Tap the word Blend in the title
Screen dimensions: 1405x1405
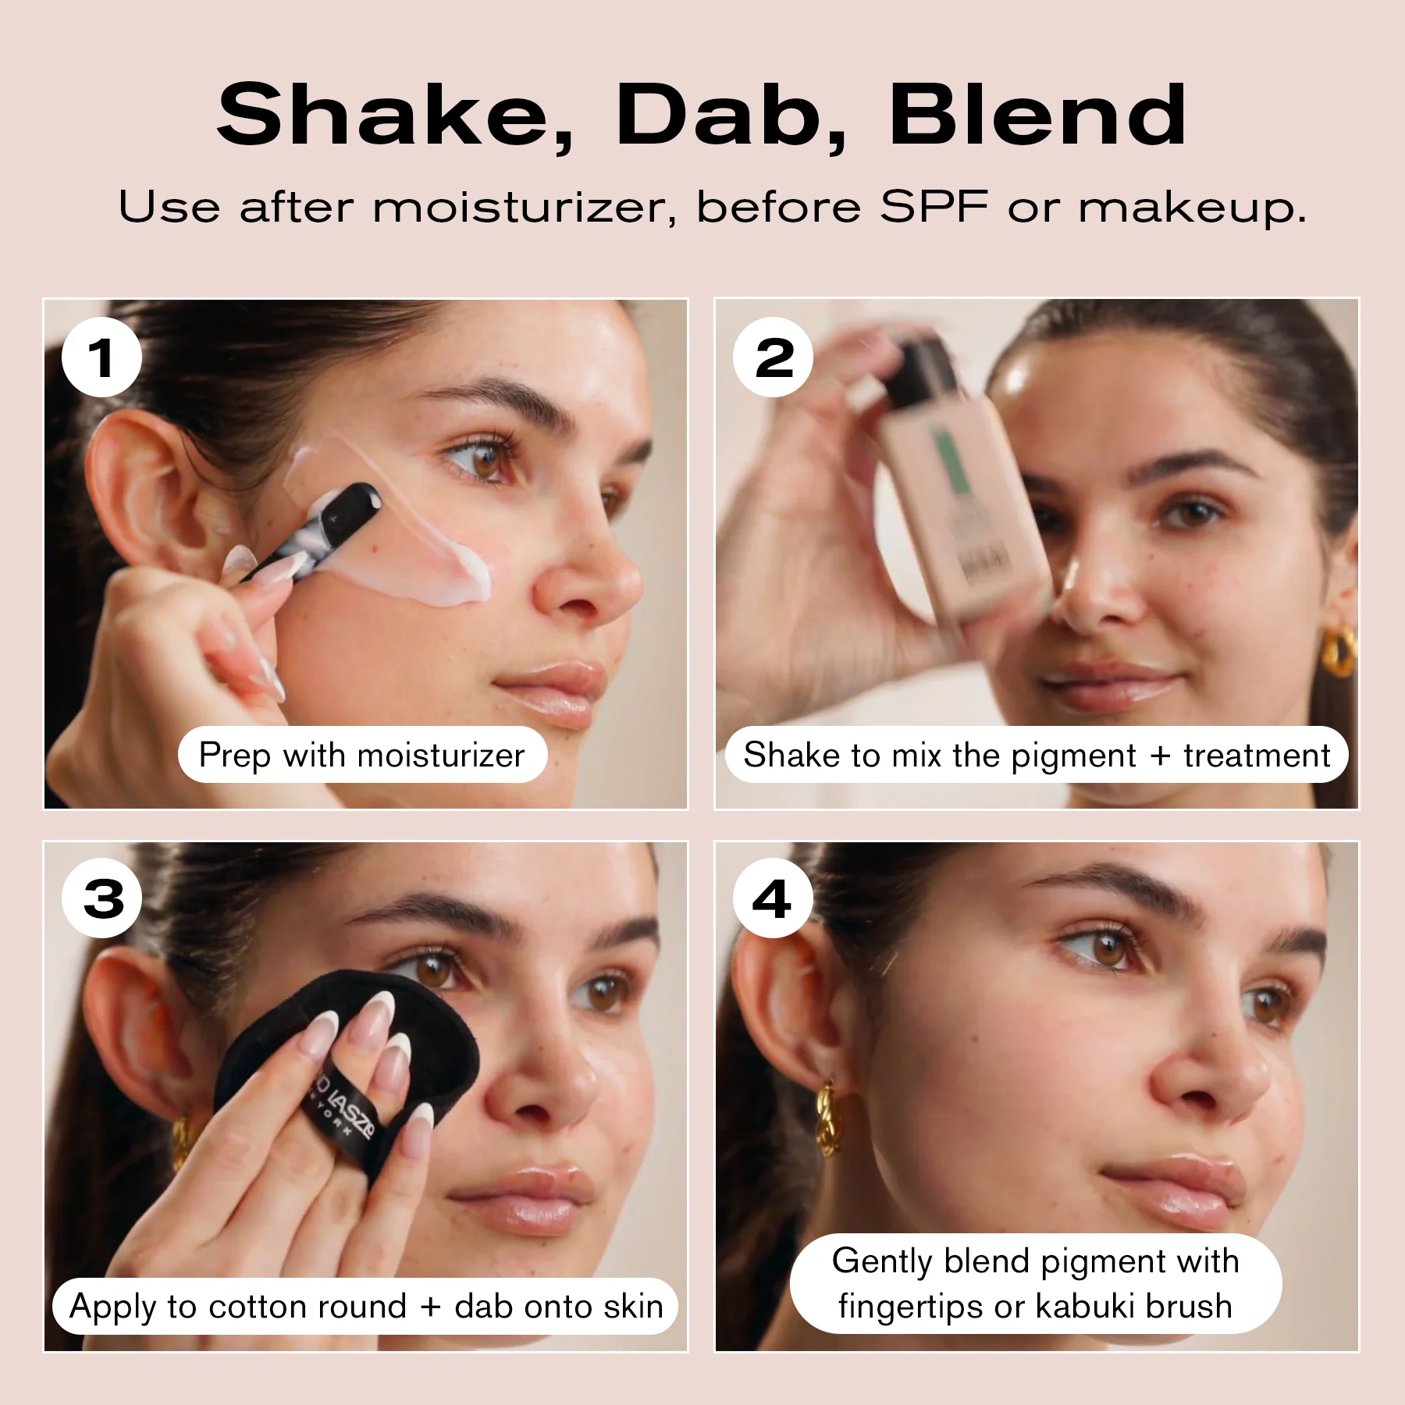[x=1038, y=116]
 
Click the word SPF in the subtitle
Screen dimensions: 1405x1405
[x=934, y=208]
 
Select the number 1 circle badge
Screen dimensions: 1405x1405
[x=101, y=357]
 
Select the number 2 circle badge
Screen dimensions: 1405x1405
[x=773, y=357]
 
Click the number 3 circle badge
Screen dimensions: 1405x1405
[x=101, y=898]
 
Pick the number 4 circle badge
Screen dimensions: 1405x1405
[x=773, y=898]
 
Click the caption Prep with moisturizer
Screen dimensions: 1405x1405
[x=361, y=755]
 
